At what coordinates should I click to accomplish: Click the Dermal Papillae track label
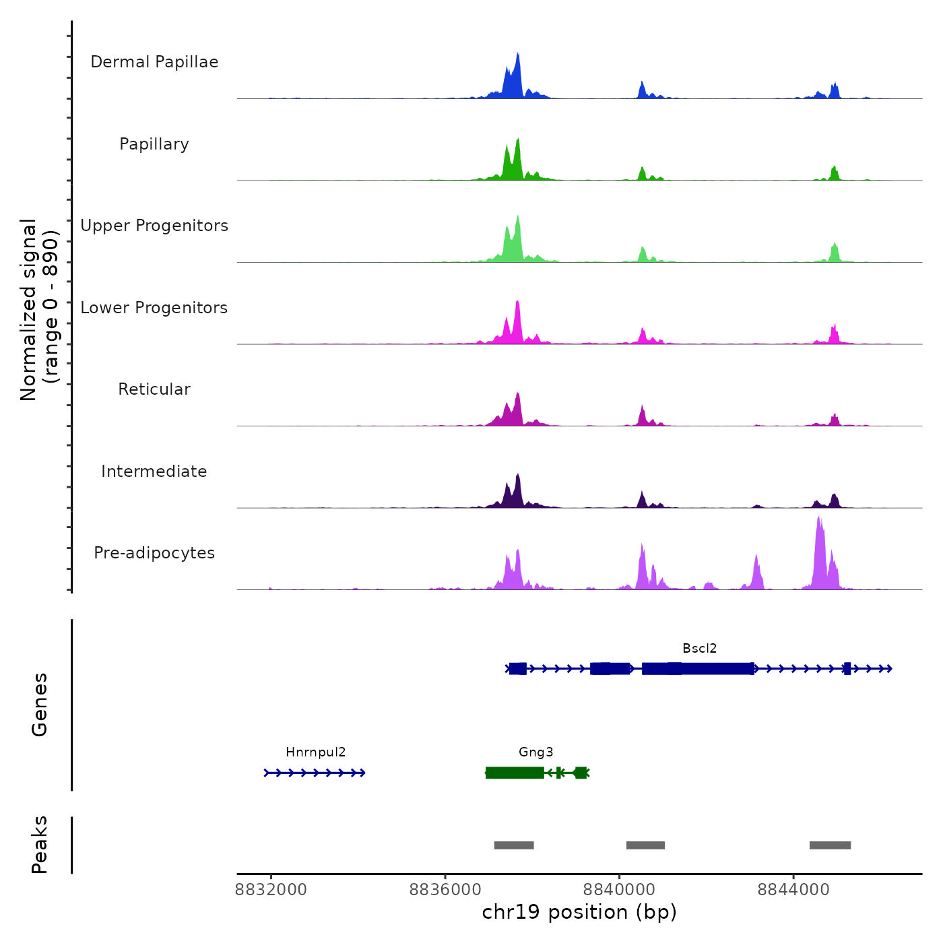pyautogui.click(x=154, y=62)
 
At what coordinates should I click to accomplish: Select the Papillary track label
pyautogui.click(x=154, y=144)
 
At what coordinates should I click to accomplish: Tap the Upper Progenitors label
pyautogui.click(x=154, y=226)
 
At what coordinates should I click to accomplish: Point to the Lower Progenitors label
pyautogui.click(x=154, y=308)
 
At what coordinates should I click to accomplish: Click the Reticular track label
pyautogui.click(x=154, y=389)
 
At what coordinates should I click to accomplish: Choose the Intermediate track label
pyautogui.click(x=154, y=471)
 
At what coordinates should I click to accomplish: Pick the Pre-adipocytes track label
pyautogui.click(x=154, y=553)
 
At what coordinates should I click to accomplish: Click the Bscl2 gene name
pyautogui.click(x=699, y=649)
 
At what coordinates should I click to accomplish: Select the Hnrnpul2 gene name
pyautogui.click(x=315, y=752)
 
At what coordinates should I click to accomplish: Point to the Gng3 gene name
pyautogui.click(x=535, y=752)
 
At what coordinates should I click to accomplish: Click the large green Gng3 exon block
pyautogui.click(x=515, y=773)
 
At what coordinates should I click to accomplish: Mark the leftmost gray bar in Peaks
pyautogui.click(x=514, y=845)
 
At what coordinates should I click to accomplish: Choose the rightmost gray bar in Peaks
pyautogui.click(x=830, y=845)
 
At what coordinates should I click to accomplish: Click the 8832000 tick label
pyautogui.click(x=271, y=890)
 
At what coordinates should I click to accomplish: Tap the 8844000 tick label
pyautogui.click(x=793, y=890)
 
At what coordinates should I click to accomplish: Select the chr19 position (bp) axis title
pyautogui.click(x=579, y=912)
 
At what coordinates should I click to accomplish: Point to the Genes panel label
pyautogui.click(x=40, y=705)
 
